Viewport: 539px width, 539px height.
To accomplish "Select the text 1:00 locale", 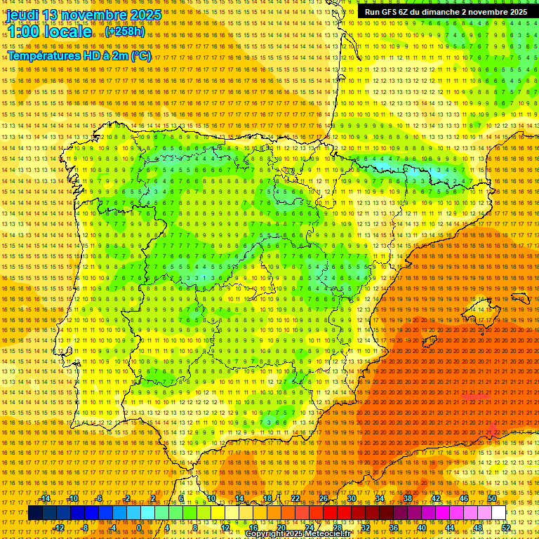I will click(50, 32).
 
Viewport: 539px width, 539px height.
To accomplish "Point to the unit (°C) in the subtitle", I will click(140, 55).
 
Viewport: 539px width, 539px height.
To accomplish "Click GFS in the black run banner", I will click(390, 12).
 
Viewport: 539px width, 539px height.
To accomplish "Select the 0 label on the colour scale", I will click(139, 528).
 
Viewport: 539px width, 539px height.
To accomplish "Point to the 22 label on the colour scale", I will click(295, 498).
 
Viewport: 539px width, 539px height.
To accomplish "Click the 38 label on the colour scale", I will click(407, 498).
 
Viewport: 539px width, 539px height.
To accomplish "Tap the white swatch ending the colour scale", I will click(498, 513).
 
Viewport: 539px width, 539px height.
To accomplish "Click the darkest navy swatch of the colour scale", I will click(35, 513).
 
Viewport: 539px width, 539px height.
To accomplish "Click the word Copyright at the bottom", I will click(267, 534).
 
